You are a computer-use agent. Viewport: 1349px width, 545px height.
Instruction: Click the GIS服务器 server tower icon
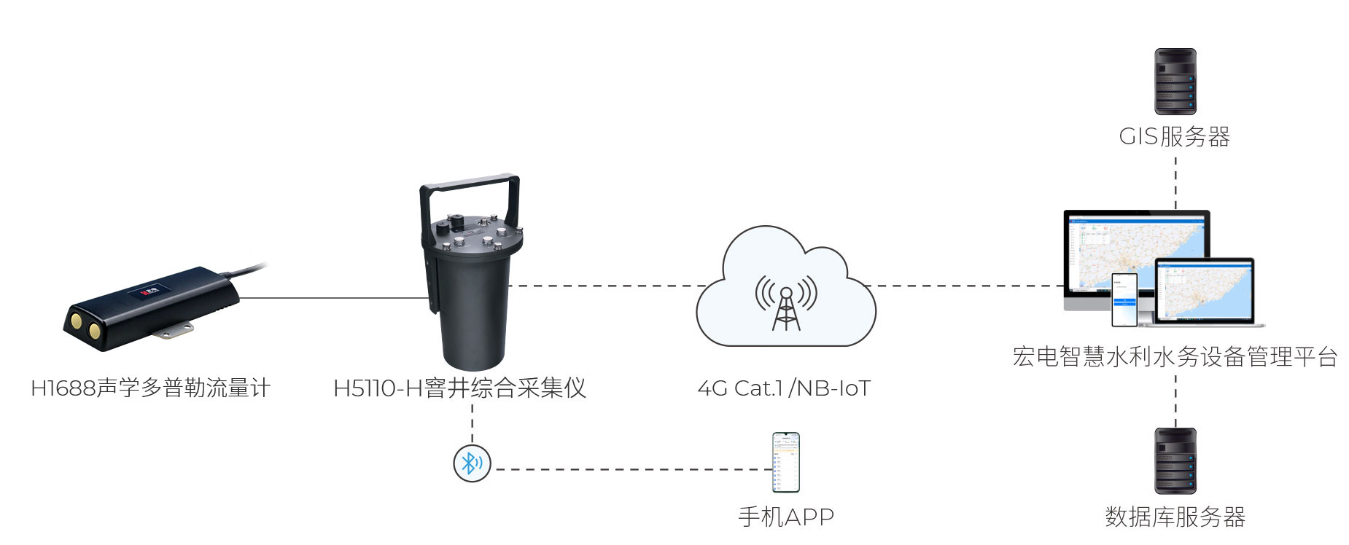[1175, 81]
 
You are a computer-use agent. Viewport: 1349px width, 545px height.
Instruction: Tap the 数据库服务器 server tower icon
[1175, 460]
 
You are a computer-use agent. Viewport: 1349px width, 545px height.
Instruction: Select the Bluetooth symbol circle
[472, 463]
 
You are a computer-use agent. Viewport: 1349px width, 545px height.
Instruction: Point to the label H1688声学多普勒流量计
[150, 388]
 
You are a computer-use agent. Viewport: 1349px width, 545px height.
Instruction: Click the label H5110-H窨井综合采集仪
[459, 388]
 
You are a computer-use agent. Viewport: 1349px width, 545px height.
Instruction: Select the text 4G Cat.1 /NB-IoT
[784, 388]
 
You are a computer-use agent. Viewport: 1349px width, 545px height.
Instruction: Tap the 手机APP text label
[786, 517]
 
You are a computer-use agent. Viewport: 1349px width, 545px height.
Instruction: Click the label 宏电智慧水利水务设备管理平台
[1175, 356]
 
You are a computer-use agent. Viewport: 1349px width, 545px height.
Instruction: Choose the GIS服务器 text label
[1175, 136]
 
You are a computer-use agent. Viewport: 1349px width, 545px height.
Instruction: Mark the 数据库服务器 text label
[1175, 517]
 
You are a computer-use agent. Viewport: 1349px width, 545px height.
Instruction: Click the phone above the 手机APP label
[786, 463]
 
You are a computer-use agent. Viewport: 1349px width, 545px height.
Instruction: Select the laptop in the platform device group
[1205, 291]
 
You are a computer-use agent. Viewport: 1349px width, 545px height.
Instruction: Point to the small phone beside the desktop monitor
[1124, 299]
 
